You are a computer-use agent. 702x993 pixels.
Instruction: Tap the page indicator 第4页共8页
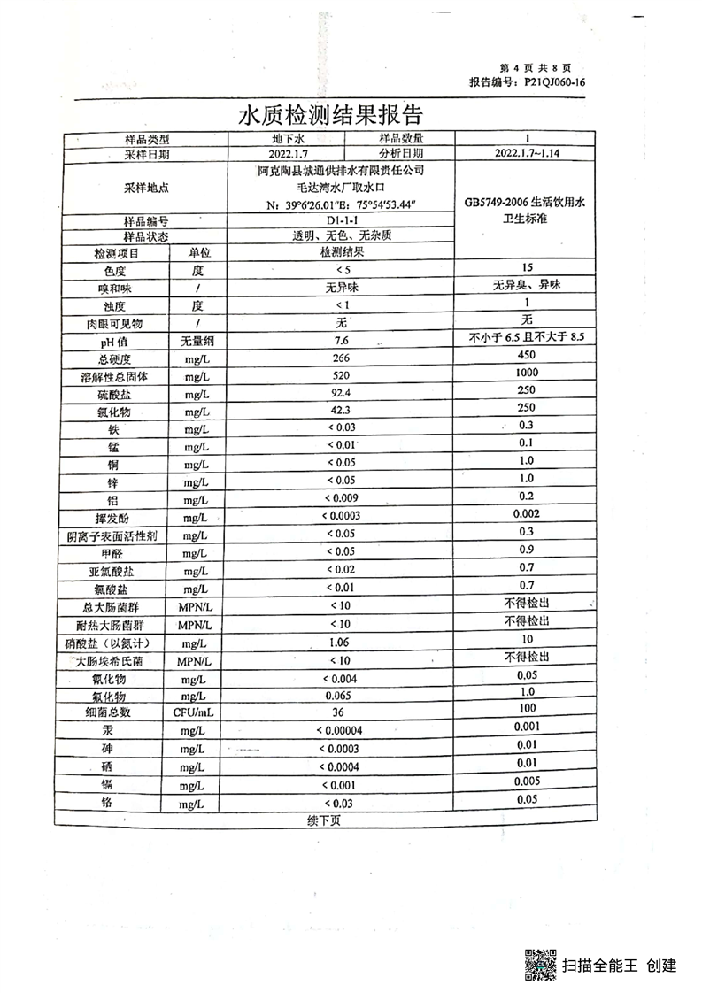click(536, 68)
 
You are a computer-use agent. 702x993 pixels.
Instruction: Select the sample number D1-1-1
click(341, 220)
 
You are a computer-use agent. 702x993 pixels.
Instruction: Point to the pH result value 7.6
click(341, 341)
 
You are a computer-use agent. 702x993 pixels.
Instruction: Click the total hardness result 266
click(341, 358)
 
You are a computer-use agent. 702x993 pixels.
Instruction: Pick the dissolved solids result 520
click(341, 376)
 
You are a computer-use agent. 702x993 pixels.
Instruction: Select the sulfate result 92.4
click(341, 394)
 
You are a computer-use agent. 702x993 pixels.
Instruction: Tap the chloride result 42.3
click(341, 412)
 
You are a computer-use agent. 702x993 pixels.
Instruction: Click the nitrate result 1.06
click(341, 642)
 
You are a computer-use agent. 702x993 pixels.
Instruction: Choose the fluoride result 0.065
click(341, 696)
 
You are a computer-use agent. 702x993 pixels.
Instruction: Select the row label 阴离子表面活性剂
click(112, 535)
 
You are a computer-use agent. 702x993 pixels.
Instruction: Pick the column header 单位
click(198, 253)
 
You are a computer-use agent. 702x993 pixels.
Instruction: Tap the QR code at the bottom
click(541, 964)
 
